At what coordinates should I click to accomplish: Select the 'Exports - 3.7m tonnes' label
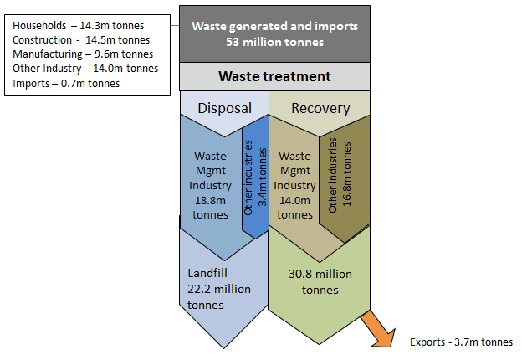coord(461,342)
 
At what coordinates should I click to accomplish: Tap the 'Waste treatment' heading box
coord(274,76)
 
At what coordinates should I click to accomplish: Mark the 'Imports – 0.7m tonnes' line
coord(66,83)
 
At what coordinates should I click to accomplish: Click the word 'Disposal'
coord(223,108)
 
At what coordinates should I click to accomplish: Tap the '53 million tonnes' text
coord(274,41)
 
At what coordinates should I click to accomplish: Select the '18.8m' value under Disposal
coord(210,200)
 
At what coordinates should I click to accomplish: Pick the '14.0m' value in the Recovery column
coord(294,200)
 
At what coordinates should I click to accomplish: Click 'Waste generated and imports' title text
coord(274,26)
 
